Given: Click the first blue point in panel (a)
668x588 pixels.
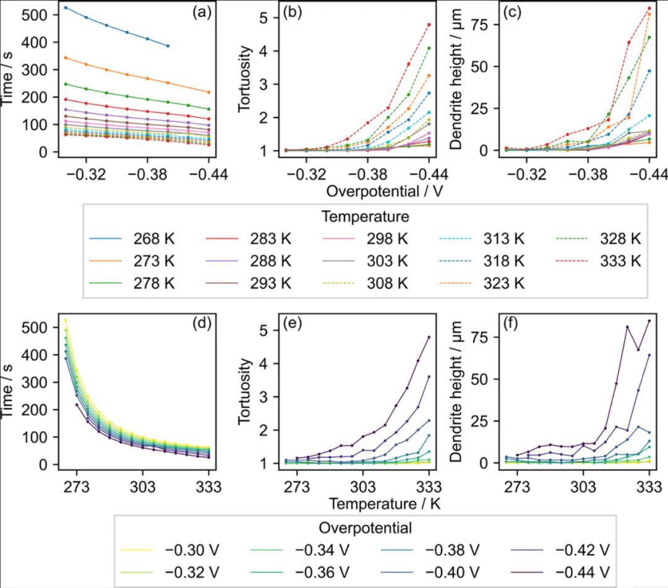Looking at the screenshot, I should pos(66,7).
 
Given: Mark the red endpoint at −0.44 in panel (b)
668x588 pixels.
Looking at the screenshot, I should pos(429,25).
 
